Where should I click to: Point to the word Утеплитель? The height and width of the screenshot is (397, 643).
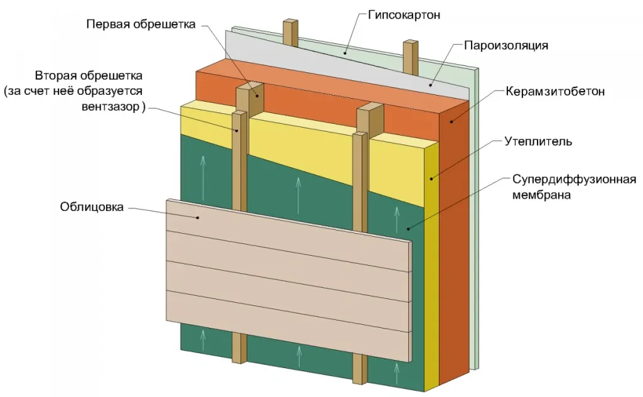pyautogui.click(x=538, y=141)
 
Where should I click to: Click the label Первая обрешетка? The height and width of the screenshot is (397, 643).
pyautogui.click(x=141, y=24)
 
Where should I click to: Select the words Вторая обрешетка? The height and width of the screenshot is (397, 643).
pyautogui.click(x=89, y=76)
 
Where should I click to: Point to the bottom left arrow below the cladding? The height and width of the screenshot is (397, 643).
pyautogui.click(x=203, y=340)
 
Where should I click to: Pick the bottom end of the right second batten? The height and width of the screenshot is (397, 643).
pyautogui.click(x=359, y=377)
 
